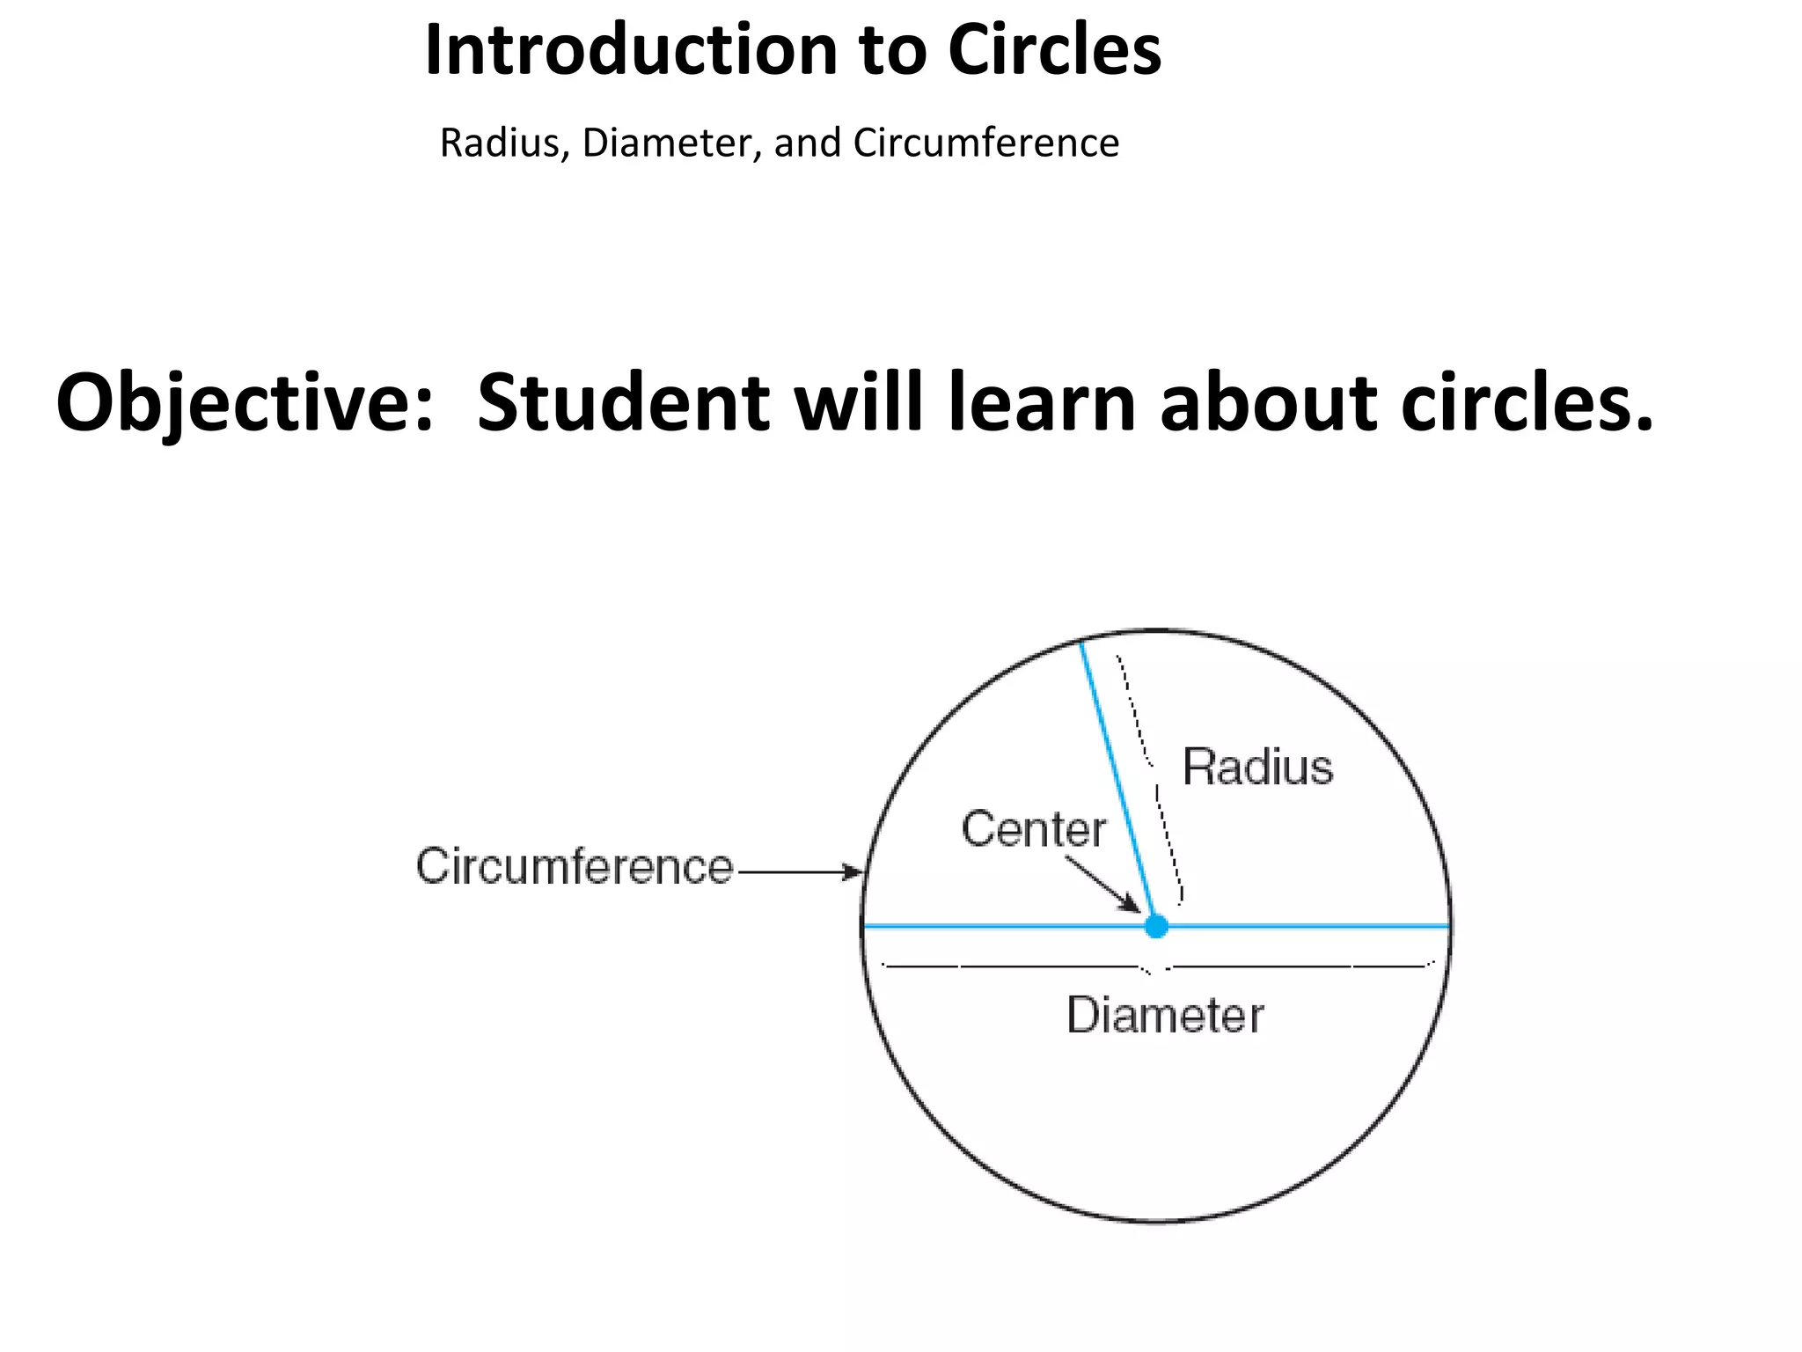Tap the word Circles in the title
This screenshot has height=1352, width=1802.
pyautogui.click(x=1054, y=50)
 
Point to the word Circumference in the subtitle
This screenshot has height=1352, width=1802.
pyautogui.click(x=985, y=143)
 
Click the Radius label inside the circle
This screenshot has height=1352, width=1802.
pyautogui.click(x=1256, y=767)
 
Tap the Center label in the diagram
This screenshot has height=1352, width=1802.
pyautogui.click(x=1033, y=829)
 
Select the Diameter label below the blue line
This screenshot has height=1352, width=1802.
pyautogui.click(x=1164, y=1015)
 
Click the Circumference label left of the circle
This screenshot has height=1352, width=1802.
pyautogui.click(x=574, y=867)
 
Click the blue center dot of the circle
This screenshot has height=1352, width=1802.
pyautogui.click(x=1156, y=926)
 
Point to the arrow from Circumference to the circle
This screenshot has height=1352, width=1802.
pyautogui.click(x=801, y=872)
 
